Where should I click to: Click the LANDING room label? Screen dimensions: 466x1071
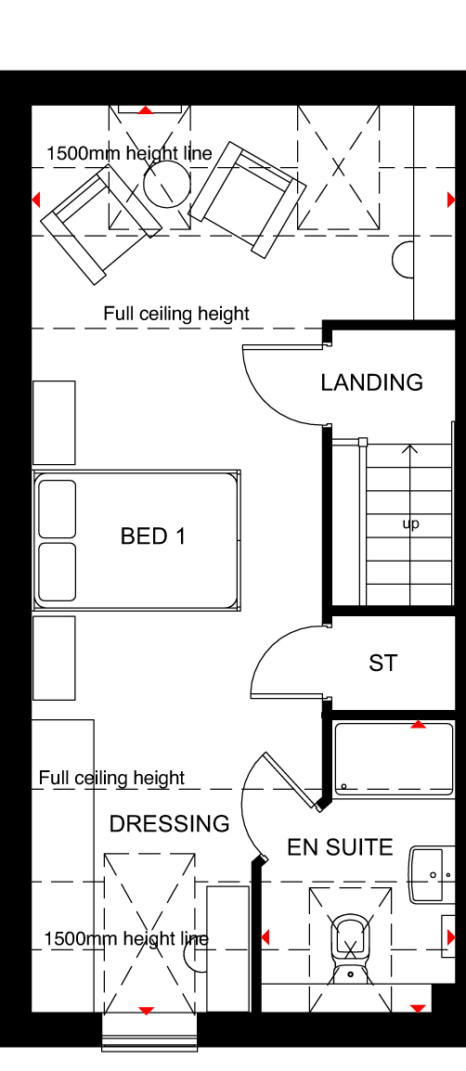click(371, 382)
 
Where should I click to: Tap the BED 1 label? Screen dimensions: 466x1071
click(153, 536)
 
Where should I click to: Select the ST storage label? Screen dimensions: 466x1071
click(382, 663)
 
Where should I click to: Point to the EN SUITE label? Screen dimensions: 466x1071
click(340, 847)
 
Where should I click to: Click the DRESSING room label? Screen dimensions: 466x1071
click(170, 824)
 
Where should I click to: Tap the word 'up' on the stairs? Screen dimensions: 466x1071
click(410, 523)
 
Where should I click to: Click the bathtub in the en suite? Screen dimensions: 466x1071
click(394, 760)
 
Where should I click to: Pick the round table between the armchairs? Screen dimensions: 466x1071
click(167, 183)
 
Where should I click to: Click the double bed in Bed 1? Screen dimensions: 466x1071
click(136, 539)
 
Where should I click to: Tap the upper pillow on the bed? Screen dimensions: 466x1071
click(58, 509)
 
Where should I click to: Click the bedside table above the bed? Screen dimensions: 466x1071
click(54, 423)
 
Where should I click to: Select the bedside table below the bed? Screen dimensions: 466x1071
click(54, 658)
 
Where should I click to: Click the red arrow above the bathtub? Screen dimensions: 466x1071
click(418, 724)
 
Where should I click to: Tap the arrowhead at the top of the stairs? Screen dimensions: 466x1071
click(409, 449)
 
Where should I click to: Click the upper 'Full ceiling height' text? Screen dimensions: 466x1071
click(176, 314)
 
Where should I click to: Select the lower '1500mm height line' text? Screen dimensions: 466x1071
click(126, 939)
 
